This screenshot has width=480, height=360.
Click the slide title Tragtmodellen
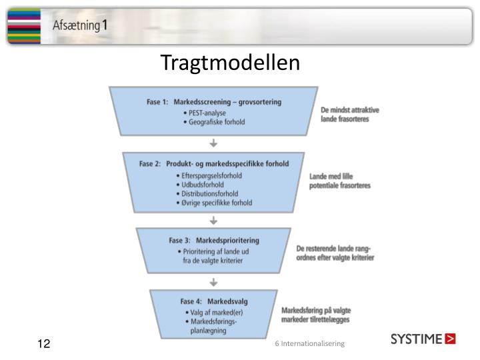pos(230,63)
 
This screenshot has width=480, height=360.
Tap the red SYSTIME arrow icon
pos(451,339)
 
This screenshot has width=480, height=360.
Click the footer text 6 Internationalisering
pos(309,343)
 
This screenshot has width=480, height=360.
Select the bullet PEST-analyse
pos(207,113)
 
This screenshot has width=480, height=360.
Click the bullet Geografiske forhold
pos(215,122)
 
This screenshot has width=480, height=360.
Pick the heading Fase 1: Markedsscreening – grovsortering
pos(214,102)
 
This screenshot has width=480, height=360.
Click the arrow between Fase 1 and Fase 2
pos(213,143)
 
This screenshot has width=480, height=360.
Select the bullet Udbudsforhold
pos(202,185)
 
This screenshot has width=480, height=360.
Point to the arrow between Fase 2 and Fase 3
pos(213,220)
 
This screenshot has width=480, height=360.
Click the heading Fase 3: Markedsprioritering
pos(214,240)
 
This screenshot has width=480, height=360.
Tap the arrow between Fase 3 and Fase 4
pos(213,283)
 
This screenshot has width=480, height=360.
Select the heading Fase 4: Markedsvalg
pos(214,301)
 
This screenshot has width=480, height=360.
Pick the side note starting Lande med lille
pos(339,181)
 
